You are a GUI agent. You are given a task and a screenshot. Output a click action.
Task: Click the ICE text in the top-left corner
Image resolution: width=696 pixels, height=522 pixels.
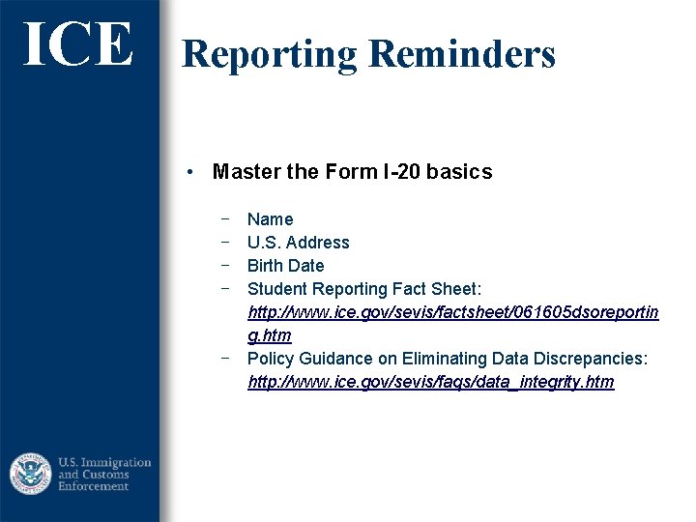(x=78, y=44)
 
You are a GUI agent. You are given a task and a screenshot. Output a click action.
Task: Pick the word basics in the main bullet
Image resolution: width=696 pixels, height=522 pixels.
(x=461, y=172)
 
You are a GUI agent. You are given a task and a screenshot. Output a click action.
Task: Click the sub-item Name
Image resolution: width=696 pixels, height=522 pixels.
(x=270, y=219)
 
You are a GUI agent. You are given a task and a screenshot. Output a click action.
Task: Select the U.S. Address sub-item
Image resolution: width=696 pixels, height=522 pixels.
(x=298, y=243)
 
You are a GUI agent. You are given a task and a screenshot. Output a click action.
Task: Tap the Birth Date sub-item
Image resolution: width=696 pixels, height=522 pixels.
(x=285, y=266)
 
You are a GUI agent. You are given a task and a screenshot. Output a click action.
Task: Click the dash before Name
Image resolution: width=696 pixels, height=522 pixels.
(x=224, y=218)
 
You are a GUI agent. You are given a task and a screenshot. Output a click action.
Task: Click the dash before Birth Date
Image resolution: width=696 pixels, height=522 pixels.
(x=224, y=265)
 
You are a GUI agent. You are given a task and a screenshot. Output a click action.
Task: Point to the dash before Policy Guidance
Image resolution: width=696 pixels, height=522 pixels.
(x=224, y=358)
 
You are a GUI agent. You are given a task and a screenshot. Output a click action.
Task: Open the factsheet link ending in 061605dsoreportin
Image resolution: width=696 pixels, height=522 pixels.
(x=452, y=312)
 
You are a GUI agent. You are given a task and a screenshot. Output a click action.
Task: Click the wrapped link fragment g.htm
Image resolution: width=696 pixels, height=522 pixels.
(x=269, y=335)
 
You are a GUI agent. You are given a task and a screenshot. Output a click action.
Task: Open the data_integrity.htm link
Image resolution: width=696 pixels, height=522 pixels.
(x=430, y=382)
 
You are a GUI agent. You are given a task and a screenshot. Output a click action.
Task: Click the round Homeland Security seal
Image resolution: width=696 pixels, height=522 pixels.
(x=31, y=474)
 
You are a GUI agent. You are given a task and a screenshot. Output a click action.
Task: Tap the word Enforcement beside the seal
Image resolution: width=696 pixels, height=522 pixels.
(x=93, y=486)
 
